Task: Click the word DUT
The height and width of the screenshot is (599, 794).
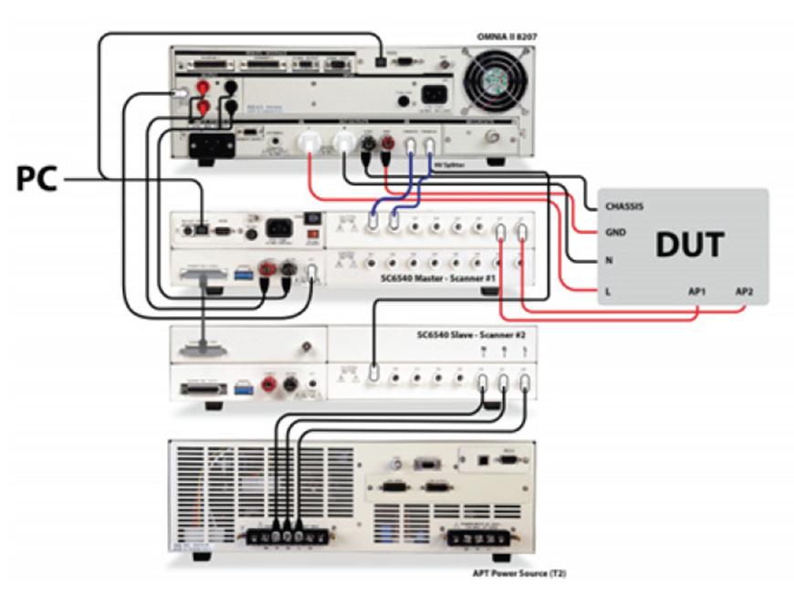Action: pos(689,245)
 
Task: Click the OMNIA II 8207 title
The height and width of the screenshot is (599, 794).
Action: pos(507,37)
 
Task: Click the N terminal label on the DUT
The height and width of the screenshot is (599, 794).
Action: pos(609,260)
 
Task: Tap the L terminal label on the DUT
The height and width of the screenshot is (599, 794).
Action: pos(608,290)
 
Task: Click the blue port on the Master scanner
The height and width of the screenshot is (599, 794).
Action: pos(242,270)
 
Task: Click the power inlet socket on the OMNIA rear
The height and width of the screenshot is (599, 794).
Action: pos(434,95)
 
